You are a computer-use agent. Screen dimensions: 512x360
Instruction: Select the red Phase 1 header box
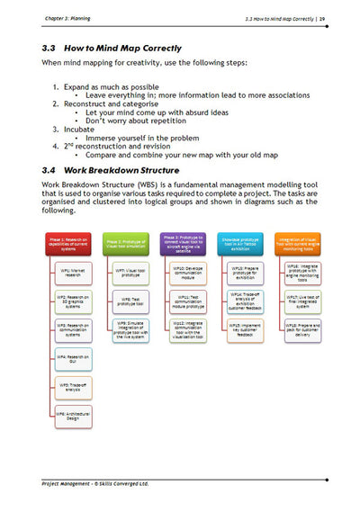72,241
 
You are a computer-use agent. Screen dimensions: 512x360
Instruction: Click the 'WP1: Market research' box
74,272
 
